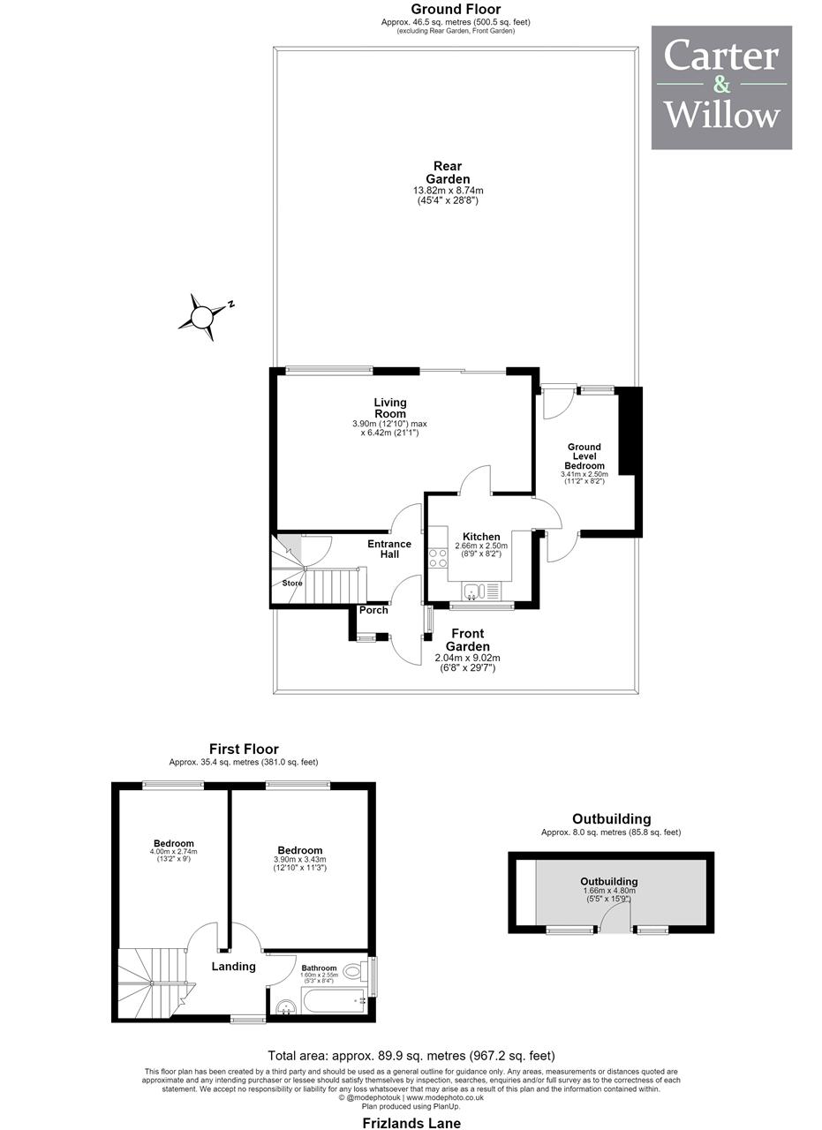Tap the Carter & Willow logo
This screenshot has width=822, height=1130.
point(721,87)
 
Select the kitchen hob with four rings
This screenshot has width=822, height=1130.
point(438,557)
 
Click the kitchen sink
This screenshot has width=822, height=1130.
point(481,591)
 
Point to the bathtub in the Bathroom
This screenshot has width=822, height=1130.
point(334,1000)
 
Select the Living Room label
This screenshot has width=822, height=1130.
point(390,408)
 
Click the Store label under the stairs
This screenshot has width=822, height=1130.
point(292,583)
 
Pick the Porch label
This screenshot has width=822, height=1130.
point(373,610)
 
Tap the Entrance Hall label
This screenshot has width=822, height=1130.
point(389,549)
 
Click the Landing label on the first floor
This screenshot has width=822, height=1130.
point(233,967)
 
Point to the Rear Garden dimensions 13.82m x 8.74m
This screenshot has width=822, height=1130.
point(449,191)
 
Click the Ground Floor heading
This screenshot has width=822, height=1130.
point(456,9)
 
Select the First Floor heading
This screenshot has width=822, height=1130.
point(244,749)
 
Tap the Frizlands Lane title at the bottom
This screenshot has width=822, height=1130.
point(411,1123)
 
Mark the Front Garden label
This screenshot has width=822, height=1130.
point(468,640)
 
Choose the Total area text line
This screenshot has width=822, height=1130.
point(411,1055)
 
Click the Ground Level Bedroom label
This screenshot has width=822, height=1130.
point(584,456)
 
